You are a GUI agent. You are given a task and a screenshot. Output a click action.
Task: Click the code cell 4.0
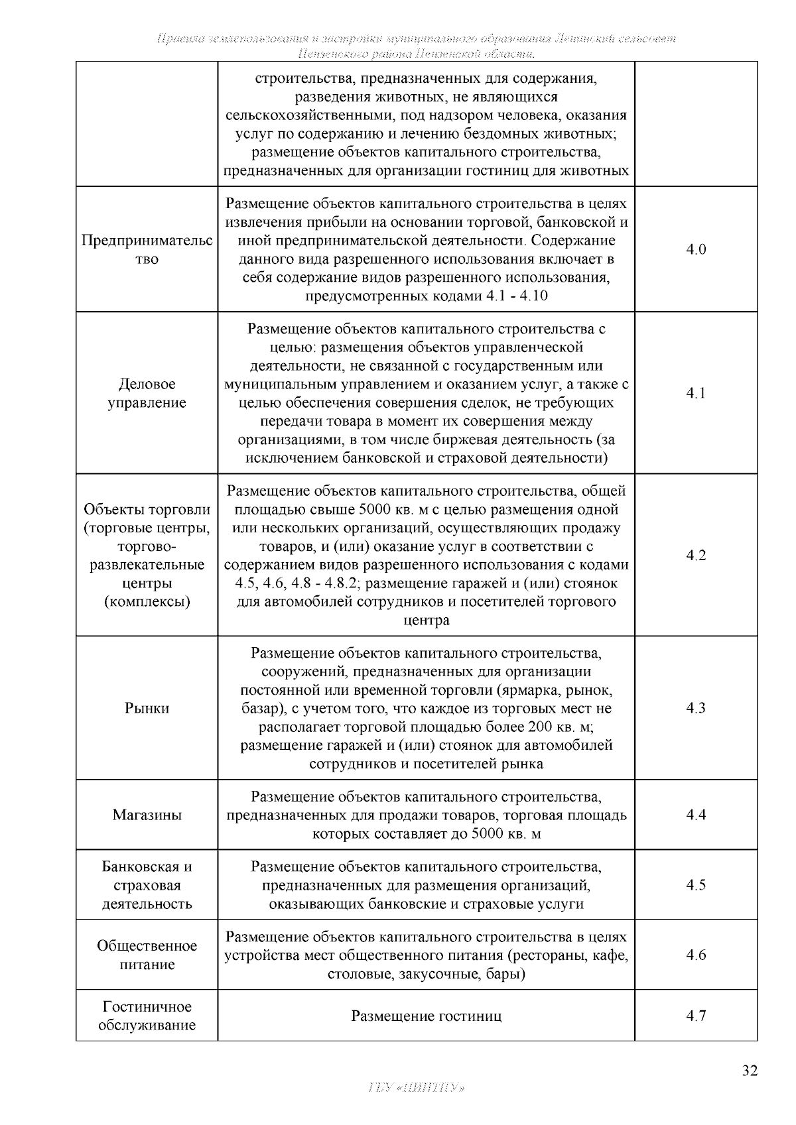tap(696, 250)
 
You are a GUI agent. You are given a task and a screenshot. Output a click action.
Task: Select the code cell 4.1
tap(696, 393)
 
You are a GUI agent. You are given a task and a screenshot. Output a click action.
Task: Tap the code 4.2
tap(696, 556)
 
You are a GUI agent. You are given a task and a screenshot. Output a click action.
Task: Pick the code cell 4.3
tap(696, 708)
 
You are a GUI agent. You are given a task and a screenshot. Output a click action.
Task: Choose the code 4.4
tap(696, 815)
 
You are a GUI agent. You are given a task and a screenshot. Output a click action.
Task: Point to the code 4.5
tap(696, 885)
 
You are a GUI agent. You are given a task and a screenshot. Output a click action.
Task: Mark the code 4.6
tap(696, 955)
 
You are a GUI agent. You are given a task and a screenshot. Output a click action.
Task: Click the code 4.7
tap(696, 1016)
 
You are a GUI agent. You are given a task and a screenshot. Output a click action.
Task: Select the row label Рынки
tap(147, 708)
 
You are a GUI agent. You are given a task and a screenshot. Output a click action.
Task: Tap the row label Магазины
tap(147, 815)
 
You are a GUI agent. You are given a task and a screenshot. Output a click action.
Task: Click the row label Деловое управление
tap(147, 393)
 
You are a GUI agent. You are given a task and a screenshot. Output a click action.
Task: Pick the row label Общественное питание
tap(147, 955)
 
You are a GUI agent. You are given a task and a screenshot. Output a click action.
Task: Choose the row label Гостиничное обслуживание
tap(147, 1016)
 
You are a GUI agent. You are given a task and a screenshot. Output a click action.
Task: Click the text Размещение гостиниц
tap(426, 1016)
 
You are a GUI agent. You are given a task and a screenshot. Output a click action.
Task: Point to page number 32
tap(749, 1071)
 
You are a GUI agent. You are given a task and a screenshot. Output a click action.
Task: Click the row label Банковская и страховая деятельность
tap(147, 885)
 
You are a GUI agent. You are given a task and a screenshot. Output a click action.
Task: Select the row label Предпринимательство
tap(147, 250)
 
